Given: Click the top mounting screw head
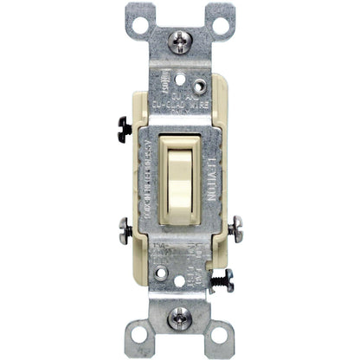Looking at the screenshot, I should click(179, 39).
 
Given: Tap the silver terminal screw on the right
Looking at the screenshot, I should click(236, 230).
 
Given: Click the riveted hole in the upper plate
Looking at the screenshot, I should click(201, 87).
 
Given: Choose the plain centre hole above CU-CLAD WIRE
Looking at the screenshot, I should click(180, 88).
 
